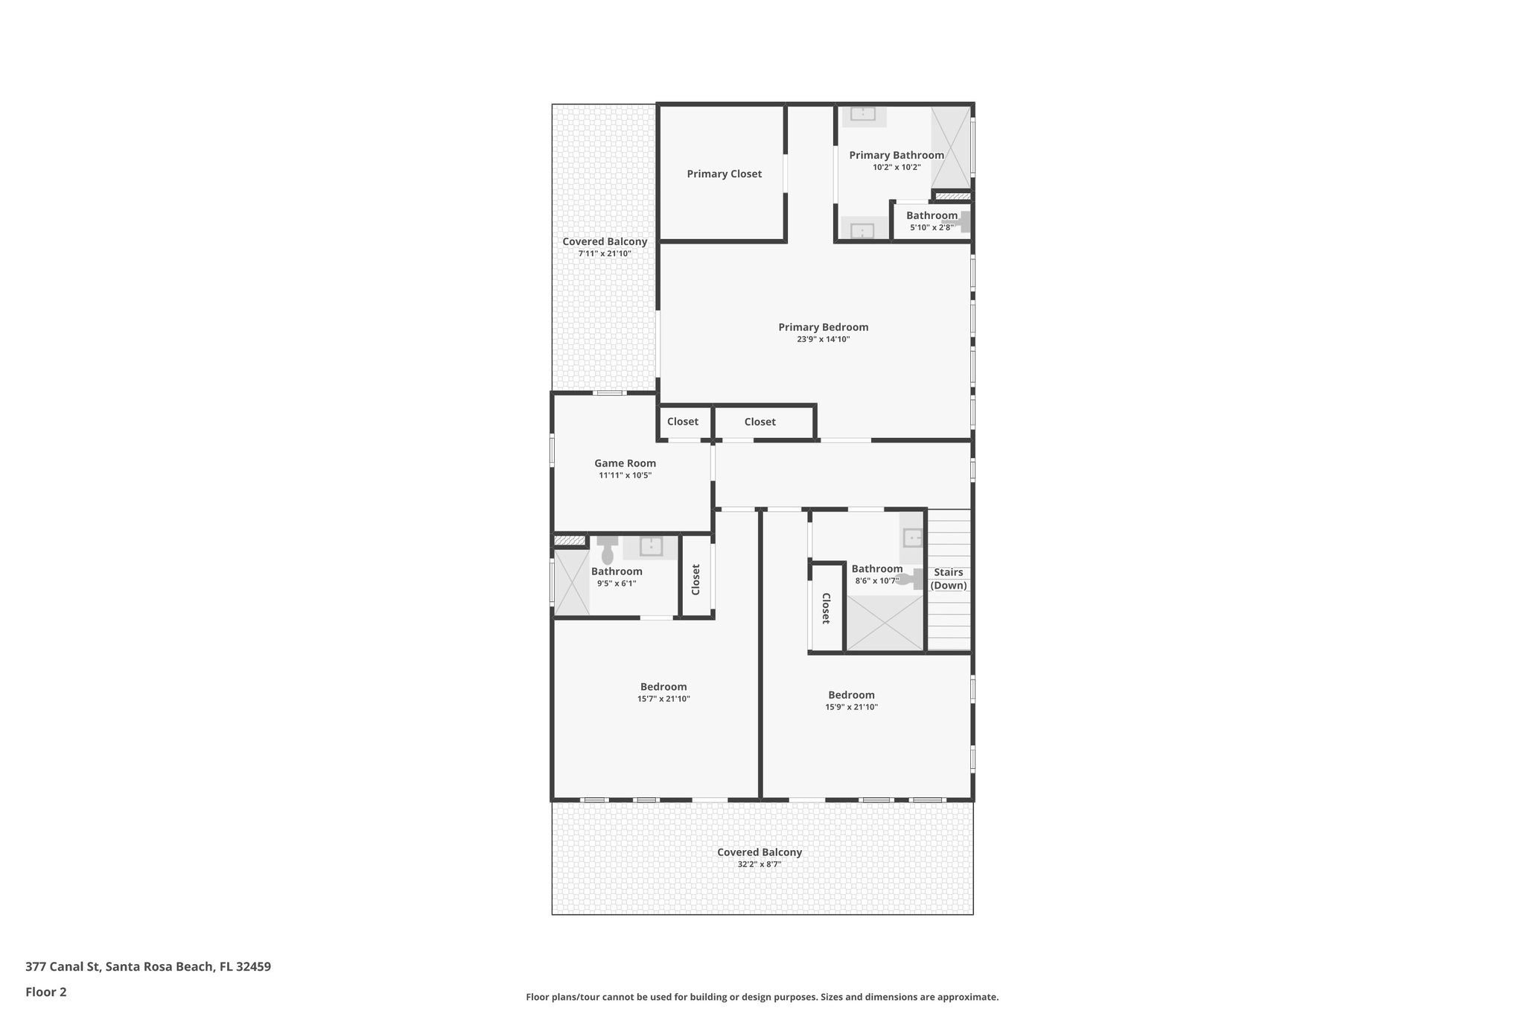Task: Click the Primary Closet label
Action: click(724, 174)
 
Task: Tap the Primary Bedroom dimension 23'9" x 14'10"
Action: click(823, 339)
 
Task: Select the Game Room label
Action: click(625, 463)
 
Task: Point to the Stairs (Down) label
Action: click(949, 578)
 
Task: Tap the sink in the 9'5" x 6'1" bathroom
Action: click(651, 546)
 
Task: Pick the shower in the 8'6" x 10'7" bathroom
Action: click(885, 623)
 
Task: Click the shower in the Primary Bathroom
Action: click(951, 147)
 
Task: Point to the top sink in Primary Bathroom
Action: click(863, 113)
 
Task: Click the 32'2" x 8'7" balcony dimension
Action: click(759, 864)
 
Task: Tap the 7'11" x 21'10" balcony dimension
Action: click(605, 253)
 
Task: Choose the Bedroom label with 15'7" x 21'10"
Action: click(663, 687)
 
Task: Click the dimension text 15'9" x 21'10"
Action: click(851, 707)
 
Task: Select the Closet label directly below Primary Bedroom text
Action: click(760, 422)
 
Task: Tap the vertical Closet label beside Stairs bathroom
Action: click(826, 608)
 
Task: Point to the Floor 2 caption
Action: click(46, 992)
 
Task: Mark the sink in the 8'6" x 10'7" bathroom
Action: click(912, 537)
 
